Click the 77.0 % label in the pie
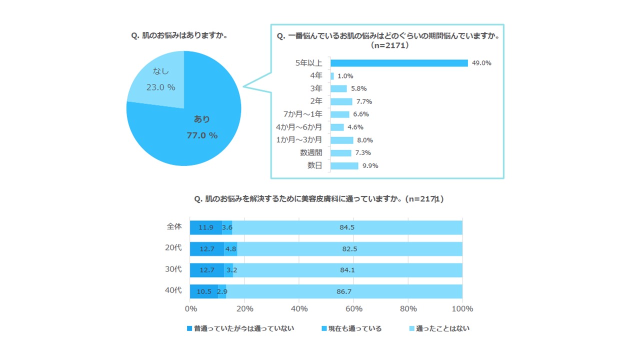pos(202,135)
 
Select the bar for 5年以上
pos(399,63)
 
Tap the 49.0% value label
pos(481,63)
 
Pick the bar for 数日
pos(344,165)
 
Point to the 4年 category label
pos(316,76)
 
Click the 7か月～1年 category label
pos(302,114)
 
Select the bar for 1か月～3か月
pos(342,140)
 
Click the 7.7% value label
pos(363,101)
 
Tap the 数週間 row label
pos(311,152)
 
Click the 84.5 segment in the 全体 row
pos(347,227)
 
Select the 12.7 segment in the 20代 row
pos(206,248)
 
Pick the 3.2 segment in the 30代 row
pos(228,270)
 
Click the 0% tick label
pos(190,308)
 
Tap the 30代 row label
pos(173,269)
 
